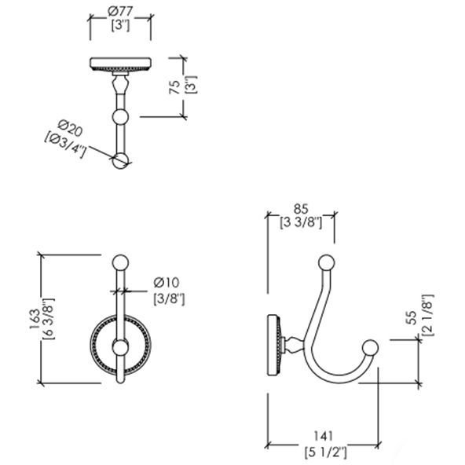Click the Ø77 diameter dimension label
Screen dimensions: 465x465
[120, 12]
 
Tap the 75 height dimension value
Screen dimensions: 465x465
[174, 87]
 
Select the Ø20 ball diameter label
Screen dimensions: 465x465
[70, 128]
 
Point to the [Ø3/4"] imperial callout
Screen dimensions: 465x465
[65, 145]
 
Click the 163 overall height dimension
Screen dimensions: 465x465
[35, 320]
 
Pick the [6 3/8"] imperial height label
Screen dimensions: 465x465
[49, 320]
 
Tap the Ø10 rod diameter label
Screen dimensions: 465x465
[167, 282]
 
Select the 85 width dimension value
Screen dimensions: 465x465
[301, 209]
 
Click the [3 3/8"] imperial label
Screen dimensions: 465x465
[301, 222]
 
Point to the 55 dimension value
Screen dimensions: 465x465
[413, 317]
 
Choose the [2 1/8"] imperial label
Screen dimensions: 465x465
[428, 315]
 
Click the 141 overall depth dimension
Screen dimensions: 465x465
[324, 436]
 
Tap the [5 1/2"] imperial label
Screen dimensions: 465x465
[326, 453]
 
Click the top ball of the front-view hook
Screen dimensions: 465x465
[120, 263]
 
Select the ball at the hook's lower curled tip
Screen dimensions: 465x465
[371, 347]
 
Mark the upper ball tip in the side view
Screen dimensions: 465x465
[327, 263]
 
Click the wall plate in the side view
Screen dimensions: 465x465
[273, 346]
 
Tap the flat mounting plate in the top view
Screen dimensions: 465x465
[121, 64]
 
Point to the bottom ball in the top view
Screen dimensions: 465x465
[120, 161]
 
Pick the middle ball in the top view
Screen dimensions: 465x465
[120, 117]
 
